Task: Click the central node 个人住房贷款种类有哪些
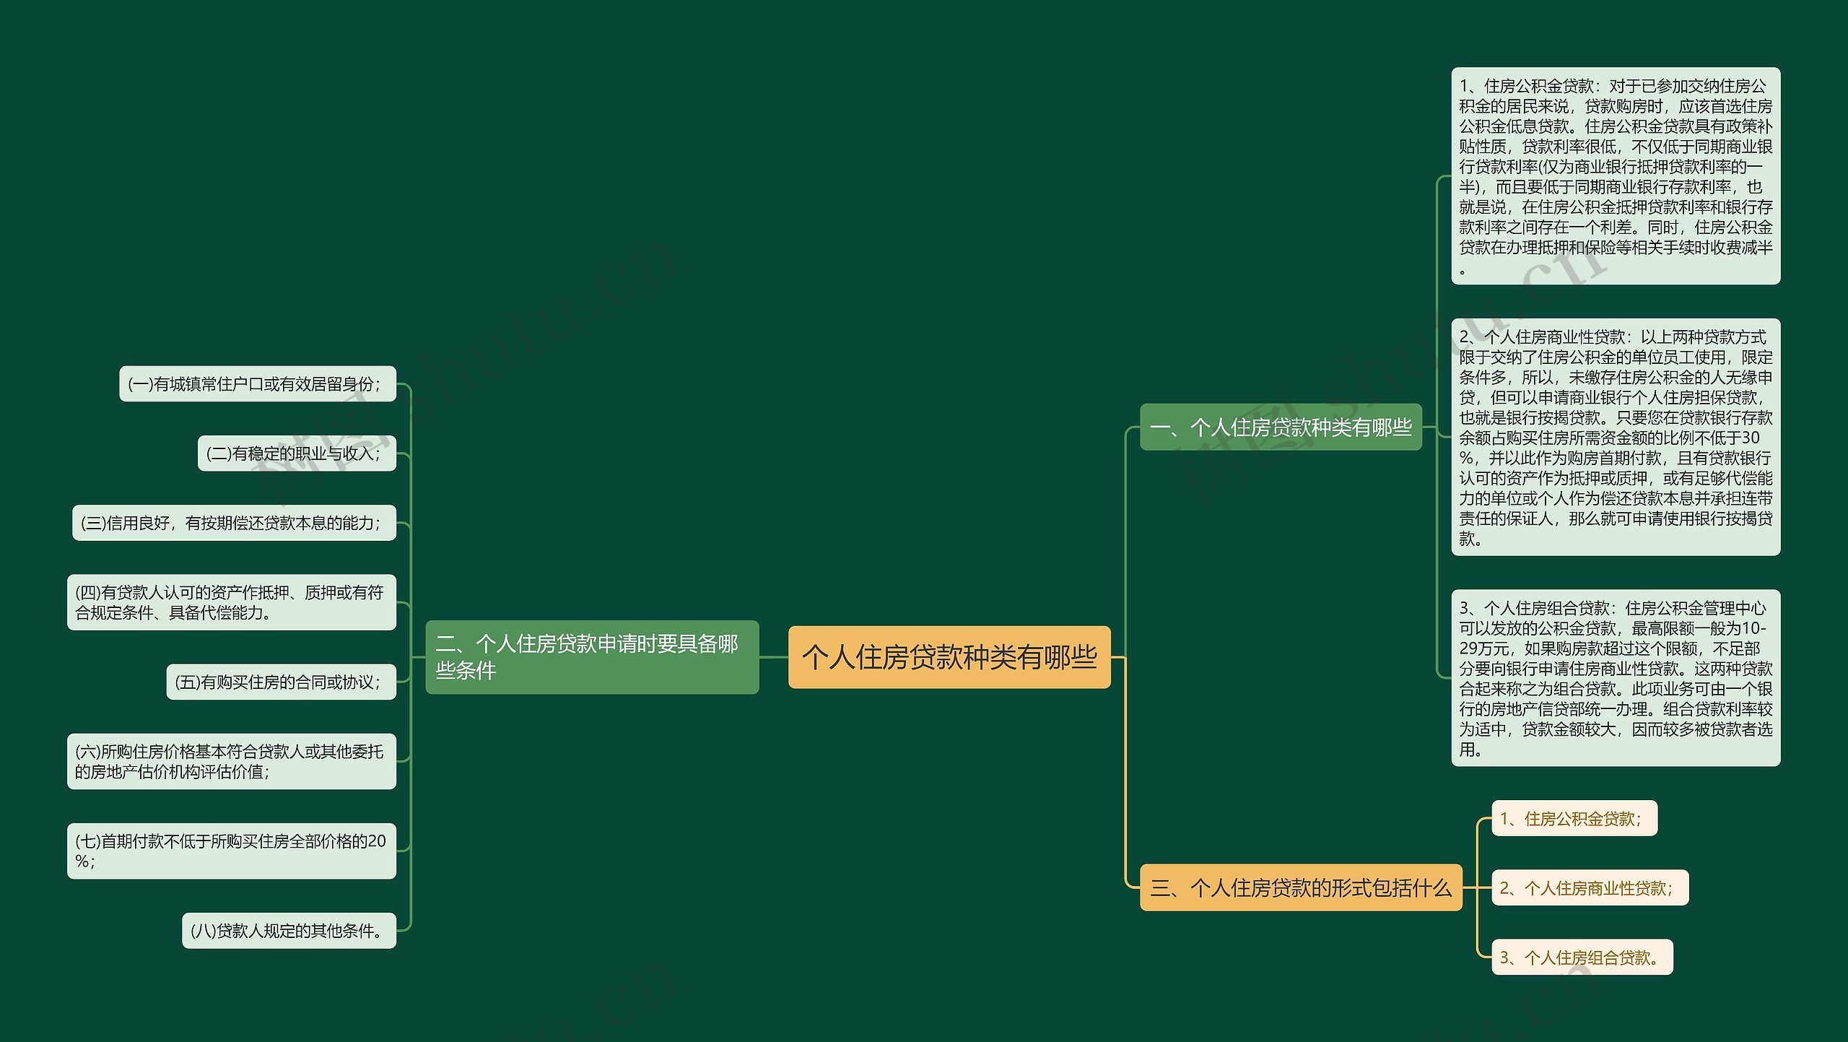949,657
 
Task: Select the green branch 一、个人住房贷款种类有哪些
1280,427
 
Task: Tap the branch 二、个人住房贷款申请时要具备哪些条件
591,657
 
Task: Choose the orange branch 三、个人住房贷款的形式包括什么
1300,887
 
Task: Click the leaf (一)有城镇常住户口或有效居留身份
257,384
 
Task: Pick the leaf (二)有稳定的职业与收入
297,453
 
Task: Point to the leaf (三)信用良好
234,523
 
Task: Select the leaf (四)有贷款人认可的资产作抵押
231,602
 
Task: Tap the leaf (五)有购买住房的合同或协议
281,682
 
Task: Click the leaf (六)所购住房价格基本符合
231,762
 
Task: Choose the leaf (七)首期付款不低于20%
231,851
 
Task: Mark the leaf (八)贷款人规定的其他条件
289,931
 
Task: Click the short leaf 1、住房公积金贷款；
1574,819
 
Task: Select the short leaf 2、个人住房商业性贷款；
1590,888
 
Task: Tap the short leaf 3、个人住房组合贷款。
1582,958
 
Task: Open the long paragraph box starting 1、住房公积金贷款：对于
1616,176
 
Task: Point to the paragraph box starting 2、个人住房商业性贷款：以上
1616,437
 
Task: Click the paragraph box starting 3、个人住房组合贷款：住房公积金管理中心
1616,678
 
